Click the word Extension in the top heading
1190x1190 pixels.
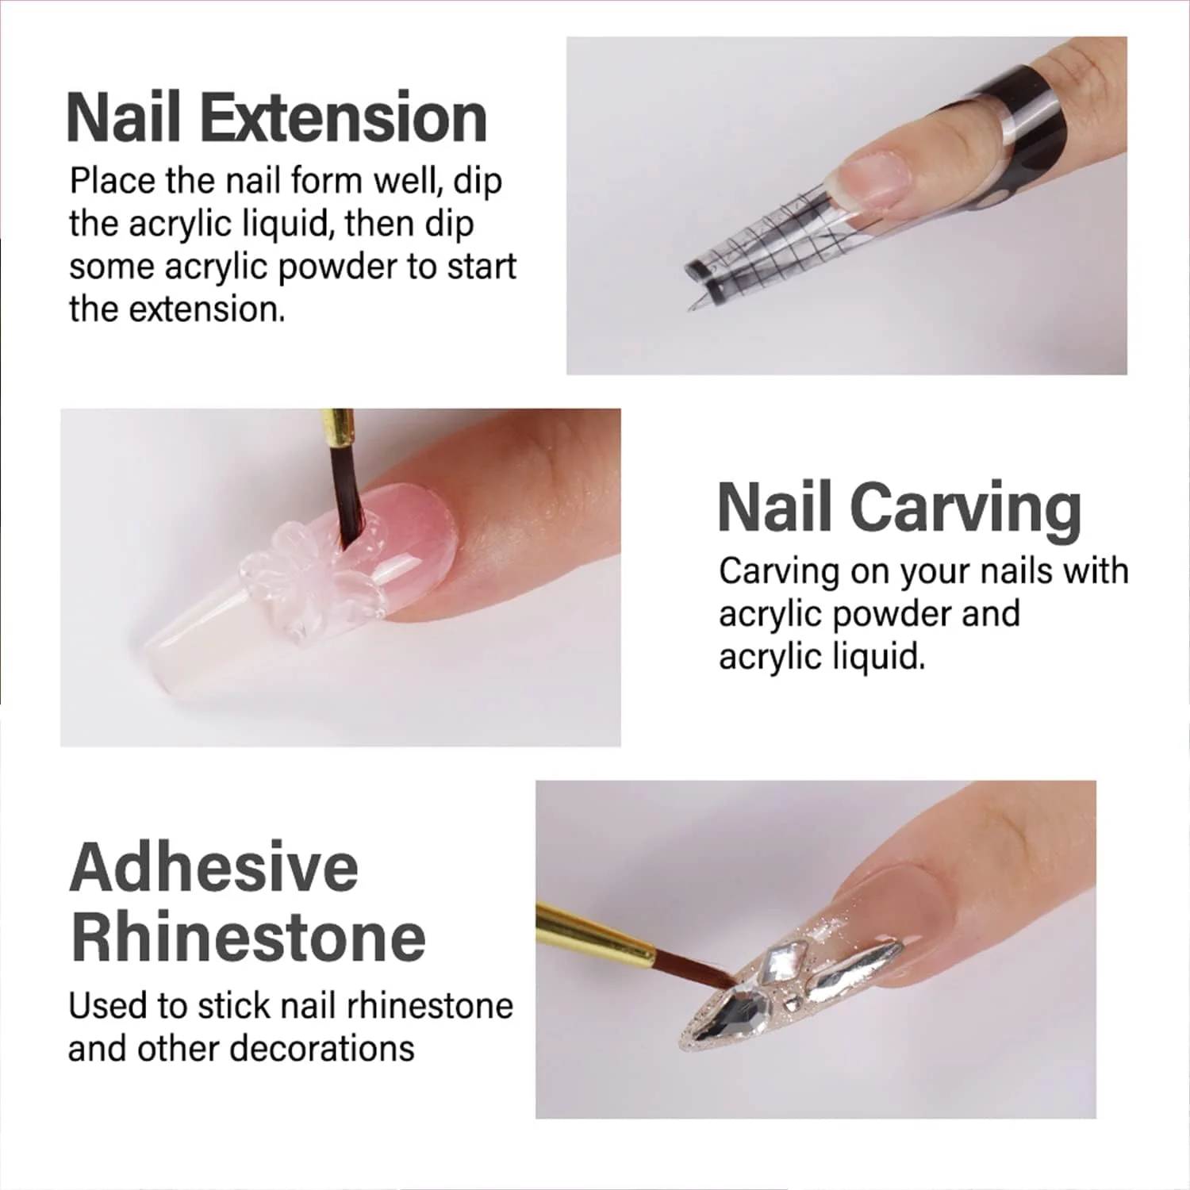(x=342, y=117)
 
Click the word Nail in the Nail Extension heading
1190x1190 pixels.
(x=125, y=117)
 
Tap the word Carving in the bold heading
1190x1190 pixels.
(x=968, y=509)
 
